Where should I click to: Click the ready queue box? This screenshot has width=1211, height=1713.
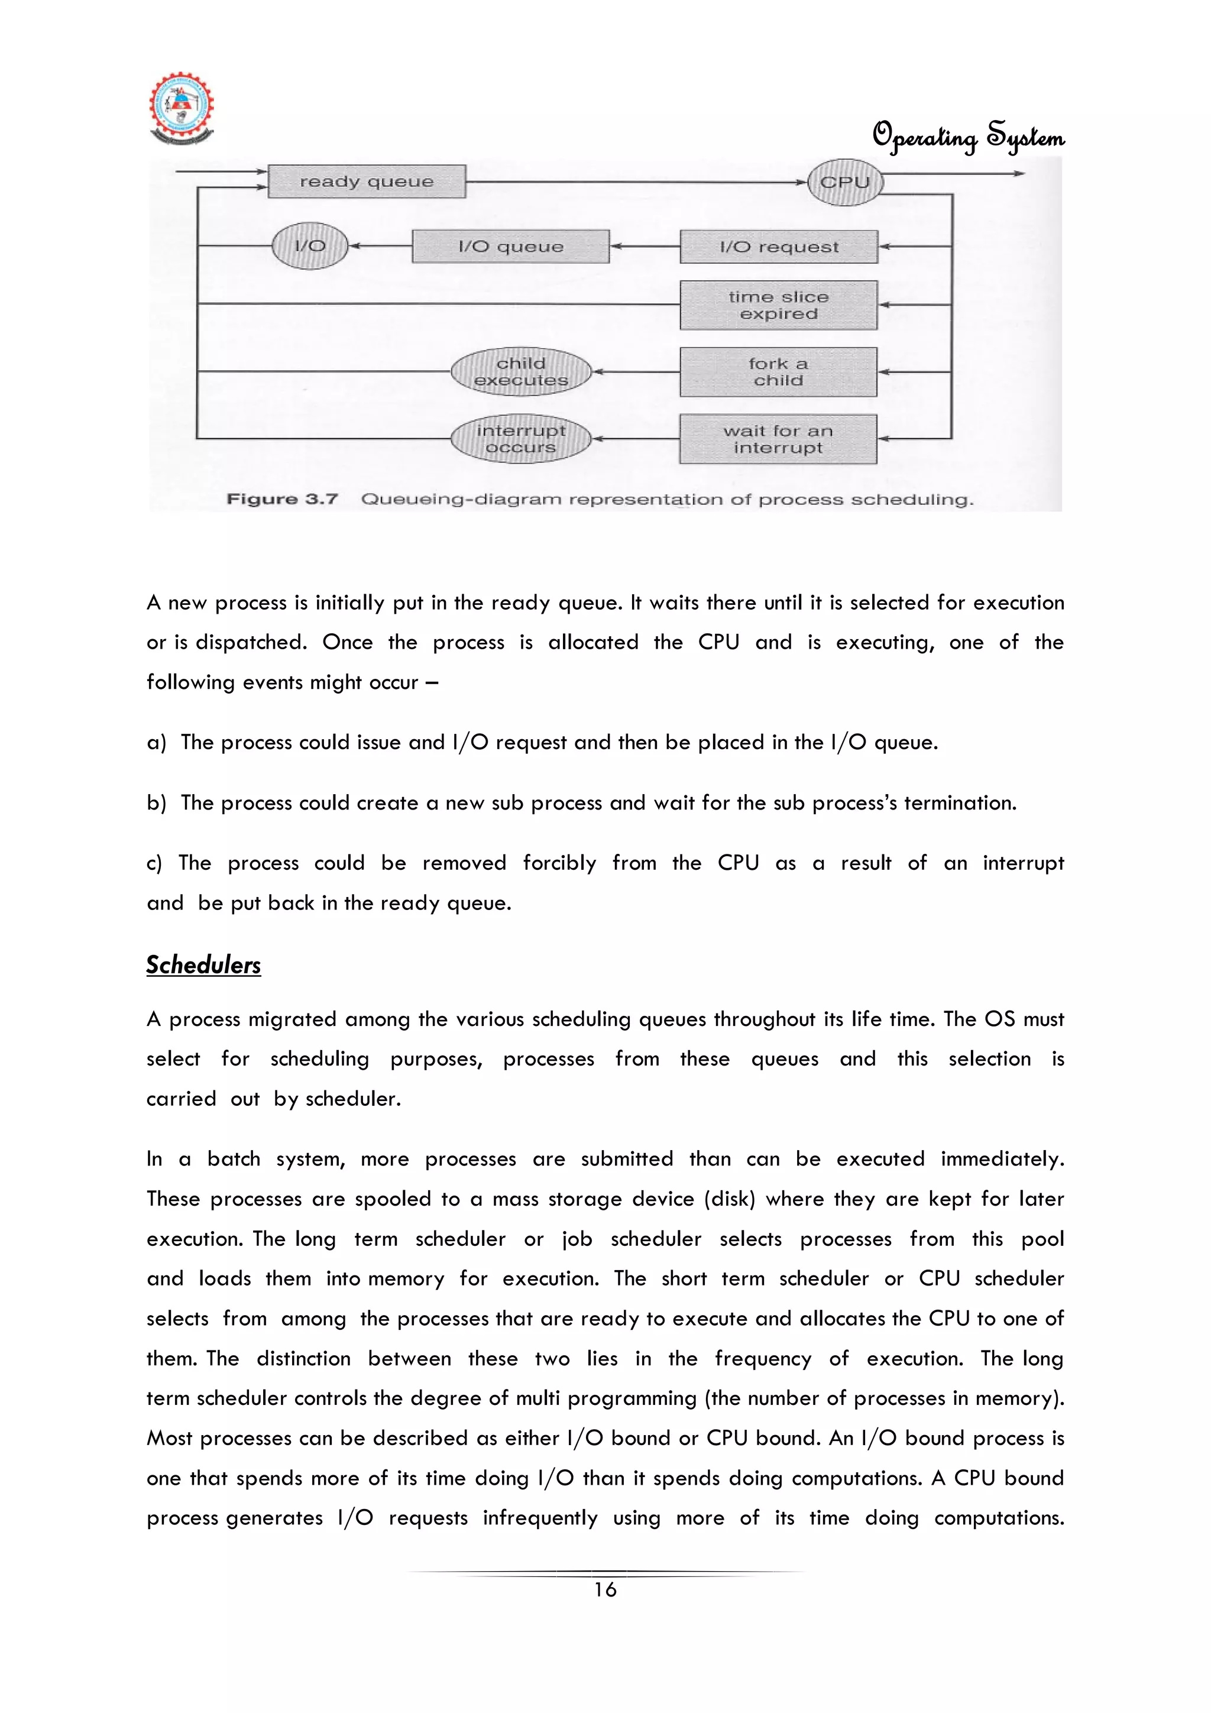click(x=367, y=182)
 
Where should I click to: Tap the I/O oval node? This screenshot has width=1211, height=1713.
click(x=310, y=246)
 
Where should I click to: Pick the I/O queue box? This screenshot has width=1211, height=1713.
click(x=510, y=246)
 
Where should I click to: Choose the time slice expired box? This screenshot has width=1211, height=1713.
click(x=778, y=305)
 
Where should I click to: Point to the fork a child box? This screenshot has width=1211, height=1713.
click(x=778, y=371)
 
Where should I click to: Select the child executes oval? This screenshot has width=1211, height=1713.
click(x=521, y=371)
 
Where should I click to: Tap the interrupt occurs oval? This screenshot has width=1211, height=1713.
click(x=521, y=439)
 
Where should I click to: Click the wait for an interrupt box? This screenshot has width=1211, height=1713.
click(x=778, y=439)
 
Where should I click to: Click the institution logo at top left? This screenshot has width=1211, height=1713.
click(x=182, y=109)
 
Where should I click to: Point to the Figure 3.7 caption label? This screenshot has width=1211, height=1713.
click(x=282, y=498)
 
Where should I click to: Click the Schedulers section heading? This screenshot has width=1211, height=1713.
click(x=203, y=964)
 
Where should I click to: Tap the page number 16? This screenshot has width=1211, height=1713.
click(x=605, y=1590)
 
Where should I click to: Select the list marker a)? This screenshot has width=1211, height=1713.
click(x=156, y=742)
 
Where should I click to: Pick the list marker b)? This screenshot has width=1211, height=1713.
click(x=156, y=803)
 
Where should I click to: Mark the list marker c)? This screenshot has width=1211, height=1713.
click(x=154, y=863)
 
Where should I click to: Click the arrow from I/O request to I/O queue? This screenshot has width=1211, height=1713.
click(x=645, y=246)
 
